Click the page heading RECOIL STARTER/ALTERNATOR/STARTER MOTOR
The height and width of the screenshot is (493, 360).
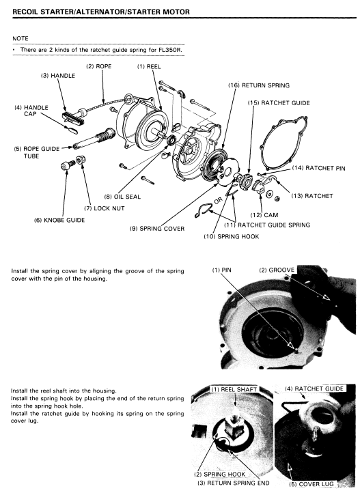click(x=101, y=12)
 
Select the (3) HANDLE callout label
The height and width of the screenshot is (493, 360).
click(x=58, y=76)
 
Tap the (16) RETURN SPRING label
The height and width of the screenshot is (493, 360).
click(x=259, y=85)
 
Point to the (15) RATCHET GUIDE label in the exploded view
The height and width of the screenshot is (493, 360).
click(x=279, y=103)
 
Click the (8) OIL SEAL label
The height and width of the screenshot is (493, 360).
click(x=122, y=197)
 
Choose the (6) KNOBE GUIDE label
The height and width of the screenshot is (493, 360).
click(x=59, y=220)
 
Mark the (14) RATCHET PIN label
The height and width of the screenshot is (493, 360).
click(x=318, y=168)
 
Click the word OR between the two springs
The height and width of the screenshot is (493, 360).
click(x=218, y=200)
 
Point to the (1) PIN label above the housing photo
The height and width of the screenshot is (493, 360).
click(x=221, y=270)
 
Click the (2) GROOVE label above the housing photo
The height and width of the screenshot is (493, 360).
click(x=277, y=270)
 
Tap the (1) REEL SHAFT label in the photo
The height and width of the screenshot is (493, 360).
click(x=234, y=389)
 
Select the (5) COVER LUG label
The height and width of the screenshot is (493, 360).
click(x=311, y=484)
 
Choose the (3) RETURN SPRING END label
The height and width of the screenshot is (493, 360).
click(x=234, y=483)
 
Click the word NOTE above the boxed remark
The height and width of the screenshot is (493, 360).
click(x=20, y=39)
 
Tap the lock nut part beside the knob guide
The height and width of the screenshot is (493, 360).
click(x=81, y=160)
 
